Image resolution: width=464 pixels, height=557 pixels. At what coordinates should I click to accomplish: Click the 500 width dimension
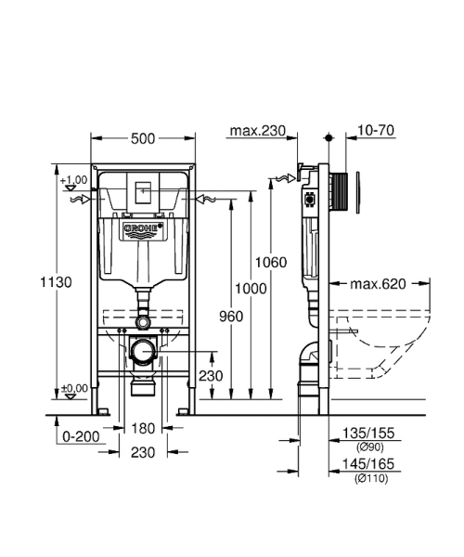(142, 138)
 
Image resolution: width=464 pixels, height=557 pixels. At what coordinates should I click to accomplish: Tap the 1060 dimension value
(273, 262)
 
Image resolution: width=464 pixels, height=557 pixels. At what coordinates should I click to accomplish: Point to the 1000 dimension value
(251, 289)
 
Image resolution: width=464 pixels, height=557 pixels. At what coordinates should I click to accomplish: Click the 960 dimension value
(230, 317)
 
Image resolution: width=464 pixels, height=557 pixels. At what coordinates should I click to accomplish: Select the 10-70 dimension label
(377, 131)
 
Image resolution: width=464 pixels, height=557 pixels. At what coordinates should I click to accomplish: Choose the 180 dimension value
(142, 428)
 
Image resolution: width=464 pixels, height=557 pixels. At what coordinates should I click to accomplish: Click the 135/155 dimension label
(367, 434)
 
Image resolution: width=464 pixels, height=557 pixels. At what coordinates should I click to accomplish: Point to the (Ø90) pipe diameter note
(367, 447)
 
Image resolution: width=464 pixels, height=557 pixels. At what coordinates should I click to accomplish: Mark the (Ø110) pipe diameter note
(367, 478)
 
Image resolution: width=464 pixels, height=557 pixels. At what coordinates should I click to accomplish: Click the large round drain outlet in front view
(142, 353)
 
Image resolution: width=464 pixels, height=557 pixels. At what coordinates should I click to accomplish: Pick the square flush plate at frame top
(142, 193)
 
